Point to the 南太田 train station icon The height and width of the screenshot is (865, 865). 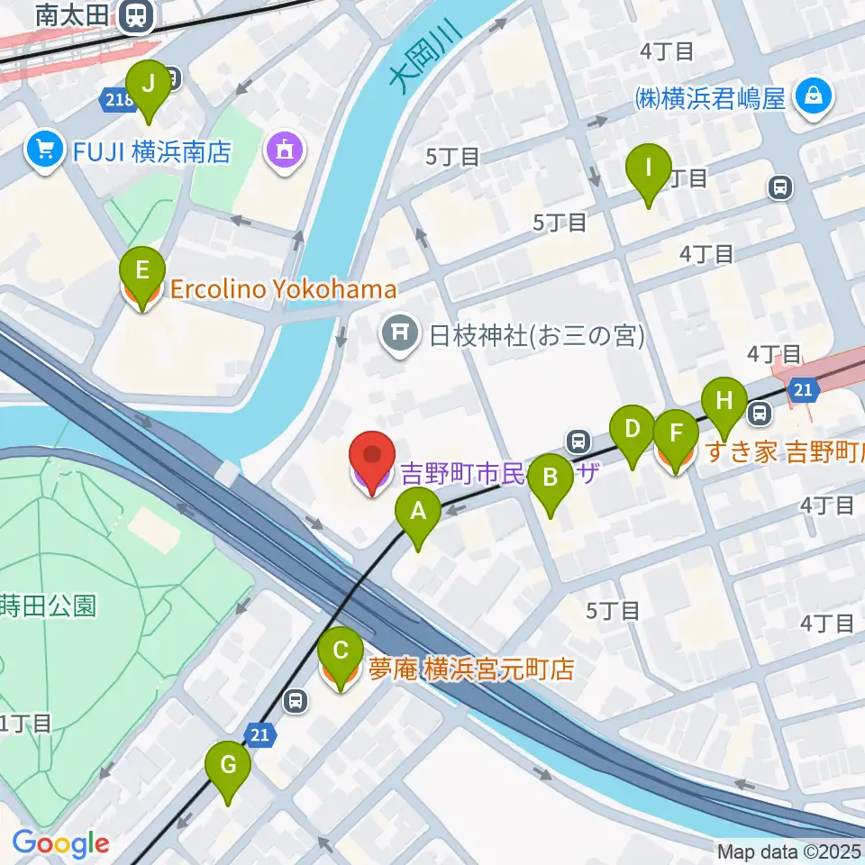(137, 14)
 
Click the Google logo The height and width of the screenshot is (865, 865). (60, 843)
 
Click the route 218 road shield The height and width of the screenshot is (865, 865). (117, 99)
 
